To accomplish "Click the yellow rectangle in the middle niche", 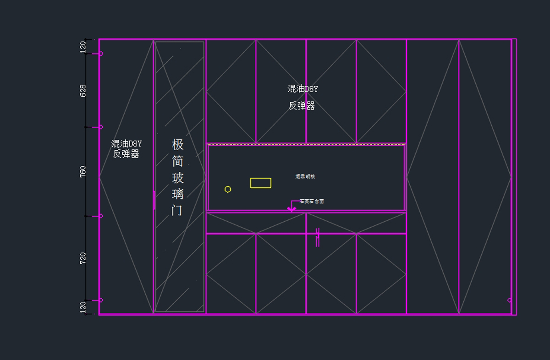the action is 260,183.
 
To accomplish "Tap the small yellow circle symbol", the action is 228,190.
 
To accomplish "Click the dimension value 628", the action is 83,90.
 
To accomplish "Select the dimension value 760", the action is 83,172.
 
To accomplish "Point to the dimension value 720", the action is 83,258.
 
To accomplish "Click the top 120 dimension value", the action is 83,47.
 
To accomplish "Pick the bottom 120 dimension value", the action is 83,307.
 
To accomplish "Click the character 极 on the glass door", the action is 178,145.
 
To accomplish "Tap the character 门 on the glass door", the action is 177,210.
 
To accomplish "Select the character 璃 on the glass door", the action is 178,194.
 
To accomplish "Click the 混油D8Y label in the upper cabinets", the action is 302,89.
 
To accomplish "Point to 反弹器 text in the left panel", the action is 126,154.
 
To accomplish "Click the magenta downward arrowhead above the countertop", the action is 291,209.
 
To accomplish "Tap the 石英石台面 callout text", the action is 312,201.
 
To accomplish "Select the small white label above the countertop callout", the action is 305,176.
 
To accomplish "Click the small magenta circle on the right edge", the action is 509,300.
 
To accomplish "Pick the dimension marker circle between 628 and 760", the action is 101,127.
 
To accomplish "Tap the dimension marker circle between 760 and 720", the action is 101,216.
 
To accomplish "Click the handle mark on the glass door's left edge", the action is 154,200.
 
